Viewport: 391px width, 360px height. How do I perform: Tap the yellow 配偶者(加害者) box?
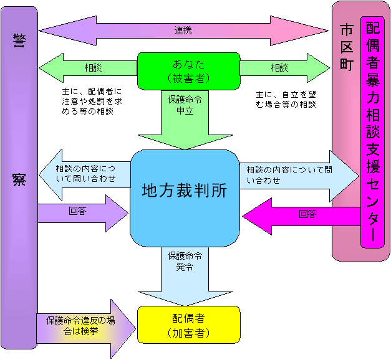tap(188, 324)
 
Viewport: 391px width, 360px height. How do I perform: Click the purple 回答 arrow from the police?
tap(81, 212)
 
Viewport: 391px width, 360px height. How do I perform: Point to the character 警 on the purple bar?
tap(19, 40)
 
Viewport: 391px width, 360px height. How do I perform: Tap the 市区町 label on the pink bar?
tap(346, 46)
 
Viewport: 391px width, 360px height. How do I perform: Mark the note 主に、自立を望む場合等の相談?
tap(286, 99)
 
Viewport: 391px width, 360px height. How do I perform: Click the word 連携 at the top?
tap(183, 30)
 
